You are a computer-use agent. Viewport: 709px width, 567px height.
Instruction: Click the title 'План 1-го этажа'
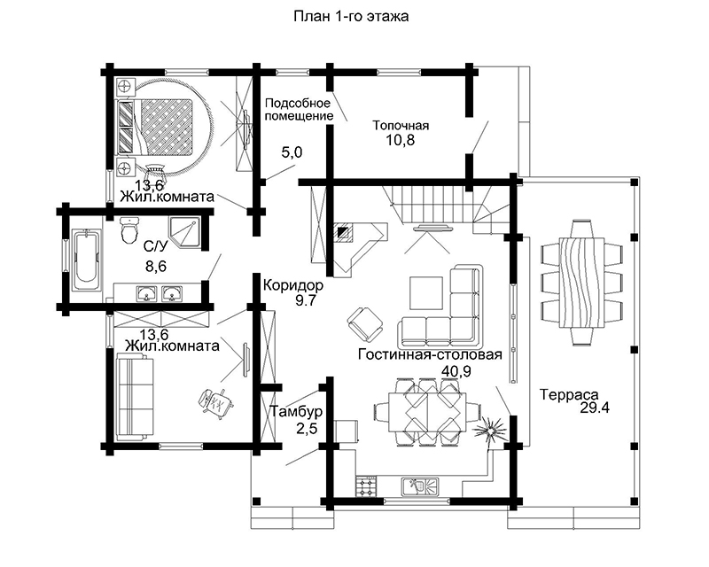351,16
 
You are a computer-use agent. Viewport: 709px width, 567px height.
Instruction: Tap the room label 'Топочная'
401,125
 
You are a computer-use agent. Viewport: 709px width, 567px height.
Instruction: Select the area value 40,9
456,371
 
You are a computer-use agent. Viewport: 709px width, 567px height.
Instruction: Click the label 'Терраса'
569,395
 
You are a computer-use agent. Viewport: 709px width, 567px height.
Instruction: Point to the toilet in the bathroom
130,229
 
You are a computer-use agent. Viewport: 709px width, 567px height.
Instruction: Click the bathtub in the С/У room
85,262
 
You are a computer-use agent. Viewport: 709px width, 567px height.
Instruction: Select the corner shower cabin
184,232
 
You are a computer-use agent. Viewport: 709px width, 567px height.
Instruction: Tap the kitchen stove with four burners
366,486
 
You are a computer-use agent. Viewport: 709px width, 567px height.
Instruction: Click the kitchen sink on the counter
420,486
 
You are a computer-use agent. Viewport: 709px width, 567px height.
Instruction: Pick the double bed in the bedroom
156,126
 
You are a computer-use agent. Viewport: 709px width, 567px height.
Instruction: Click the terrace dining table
582,283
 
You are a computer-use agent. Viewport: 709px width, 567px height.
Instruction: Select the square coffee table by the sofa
426,292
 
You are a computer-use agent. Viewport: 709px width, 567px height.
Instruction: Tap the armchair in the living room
365,324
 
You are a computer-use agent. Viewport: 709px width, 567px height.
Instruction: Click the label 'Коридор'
293,285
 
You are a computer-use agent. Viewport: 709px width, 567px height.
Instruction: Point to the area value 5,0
292,152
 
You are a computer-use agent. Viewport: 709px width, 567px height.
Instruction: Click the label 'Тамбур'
296,411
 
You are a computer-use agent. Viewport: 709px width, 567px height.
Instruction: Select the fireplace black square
345,232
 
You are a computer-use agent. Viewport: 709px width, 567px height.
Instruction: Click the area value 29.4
595,408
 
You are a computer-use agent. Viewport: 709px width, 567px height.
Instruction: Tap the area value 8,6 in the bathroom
156,267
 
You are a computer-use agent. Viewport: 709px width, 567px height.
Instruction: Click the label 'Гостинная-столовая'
430,354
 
